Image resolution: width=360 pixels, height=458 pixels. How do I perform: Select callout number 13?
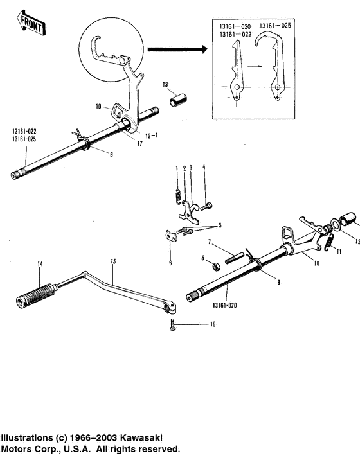tap(165, 84)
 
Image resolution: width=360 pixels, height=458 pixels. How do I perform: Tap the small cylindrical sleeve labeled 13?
tap(178, 101)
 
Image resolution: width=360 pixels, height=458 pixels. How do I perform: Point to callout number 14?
tap(40, 264)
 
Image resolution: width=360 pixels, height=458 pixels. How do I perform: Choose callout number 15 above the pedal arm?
tap(113, 261)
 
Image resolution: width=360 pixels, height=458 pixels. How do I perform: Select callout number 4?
tap(204, 168)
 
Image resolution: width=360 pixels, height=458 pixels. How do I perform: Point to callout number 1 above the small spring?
tap(177, 168)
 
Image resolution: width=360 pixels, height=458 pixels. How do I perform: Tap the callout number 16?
tap(213, 325)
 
